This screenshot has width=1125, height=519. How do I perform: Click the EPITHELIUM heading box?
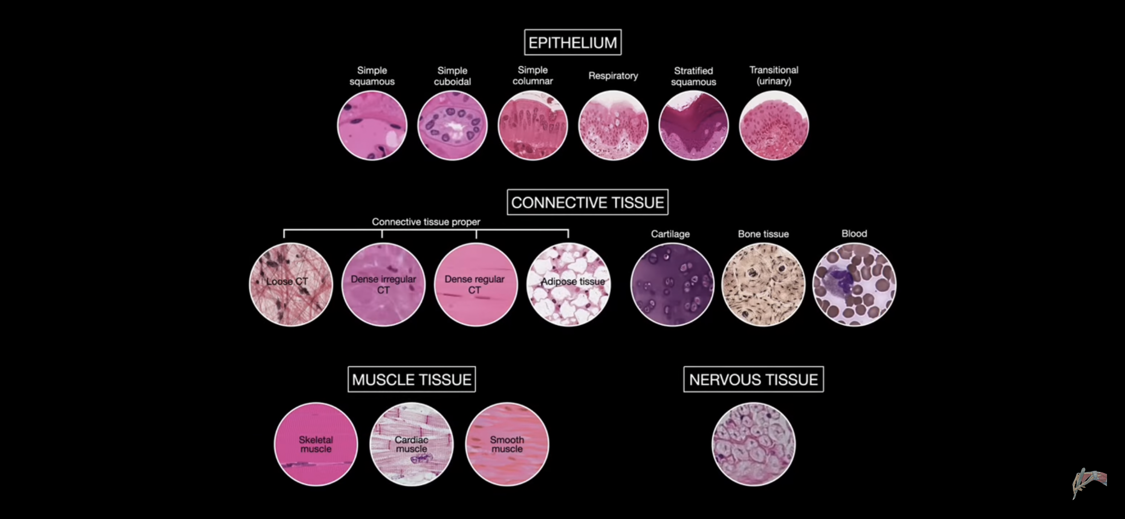coord(573,42)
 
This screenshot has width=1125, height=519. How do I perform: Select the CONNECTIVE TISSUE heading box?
coord(587,202)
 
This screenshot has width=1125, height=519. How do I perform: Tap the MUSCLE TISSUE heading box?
coord(411,379)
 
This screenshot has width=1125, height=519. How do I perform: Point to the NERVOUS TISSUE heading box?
coord(753,379)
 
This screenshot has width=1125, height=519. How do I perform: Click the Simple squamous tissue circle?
coord(372,125)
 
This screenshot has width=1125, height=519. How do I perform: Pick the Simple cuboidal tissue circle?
coord(453,125)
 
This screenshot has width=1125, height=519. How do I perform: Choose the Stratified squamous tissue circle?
coord(694,125)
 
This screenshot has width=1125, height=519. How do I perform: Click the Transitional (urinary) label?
coord(774,75)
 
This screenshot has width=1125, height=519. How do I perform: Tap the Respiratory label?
coord(613,76)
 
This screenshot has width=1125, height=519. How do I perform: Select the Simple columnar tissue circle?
coord(533,125)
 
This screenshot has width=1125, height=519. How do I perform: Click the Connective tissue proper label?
coord(426,222)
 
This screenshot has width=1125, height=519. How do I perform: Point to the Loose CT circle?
coord(291,285)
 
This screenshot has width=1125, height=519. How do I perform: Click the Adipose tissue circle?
coord(569,285)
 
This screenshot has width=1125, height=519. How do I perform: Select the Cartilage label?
coord(670,234)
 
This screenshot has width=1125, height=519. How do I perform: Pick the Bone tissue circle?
coord(763,285)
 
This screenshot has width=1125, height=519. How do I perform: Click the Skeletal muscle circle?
coord(316,444)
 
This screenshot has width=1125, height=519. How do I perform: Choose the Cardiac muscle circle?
coord(411,444)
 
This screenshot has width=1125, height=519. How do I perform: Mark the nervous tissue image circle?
coord(754,444)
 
